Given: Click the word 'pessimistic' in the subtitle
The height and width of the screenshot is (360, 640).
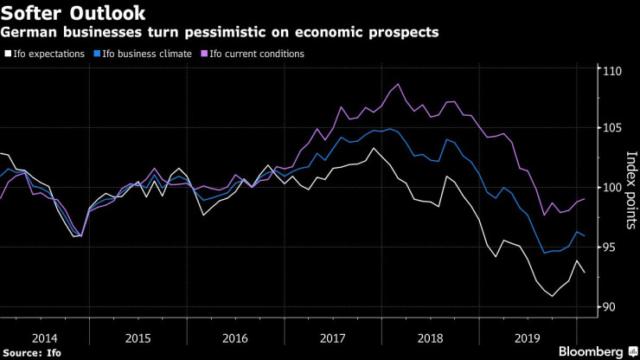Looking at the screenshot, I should (x=240, y=33).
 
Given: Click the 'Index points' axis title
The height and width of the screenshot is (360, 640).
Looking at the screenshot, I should (x=630, y=187).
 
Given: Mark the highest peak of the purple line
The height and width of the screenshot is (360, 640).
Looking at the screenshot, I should (x=397, y=84).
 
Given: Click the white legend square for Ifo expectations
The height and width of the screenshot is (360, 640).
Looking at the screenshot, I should (x=8, y=54).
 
